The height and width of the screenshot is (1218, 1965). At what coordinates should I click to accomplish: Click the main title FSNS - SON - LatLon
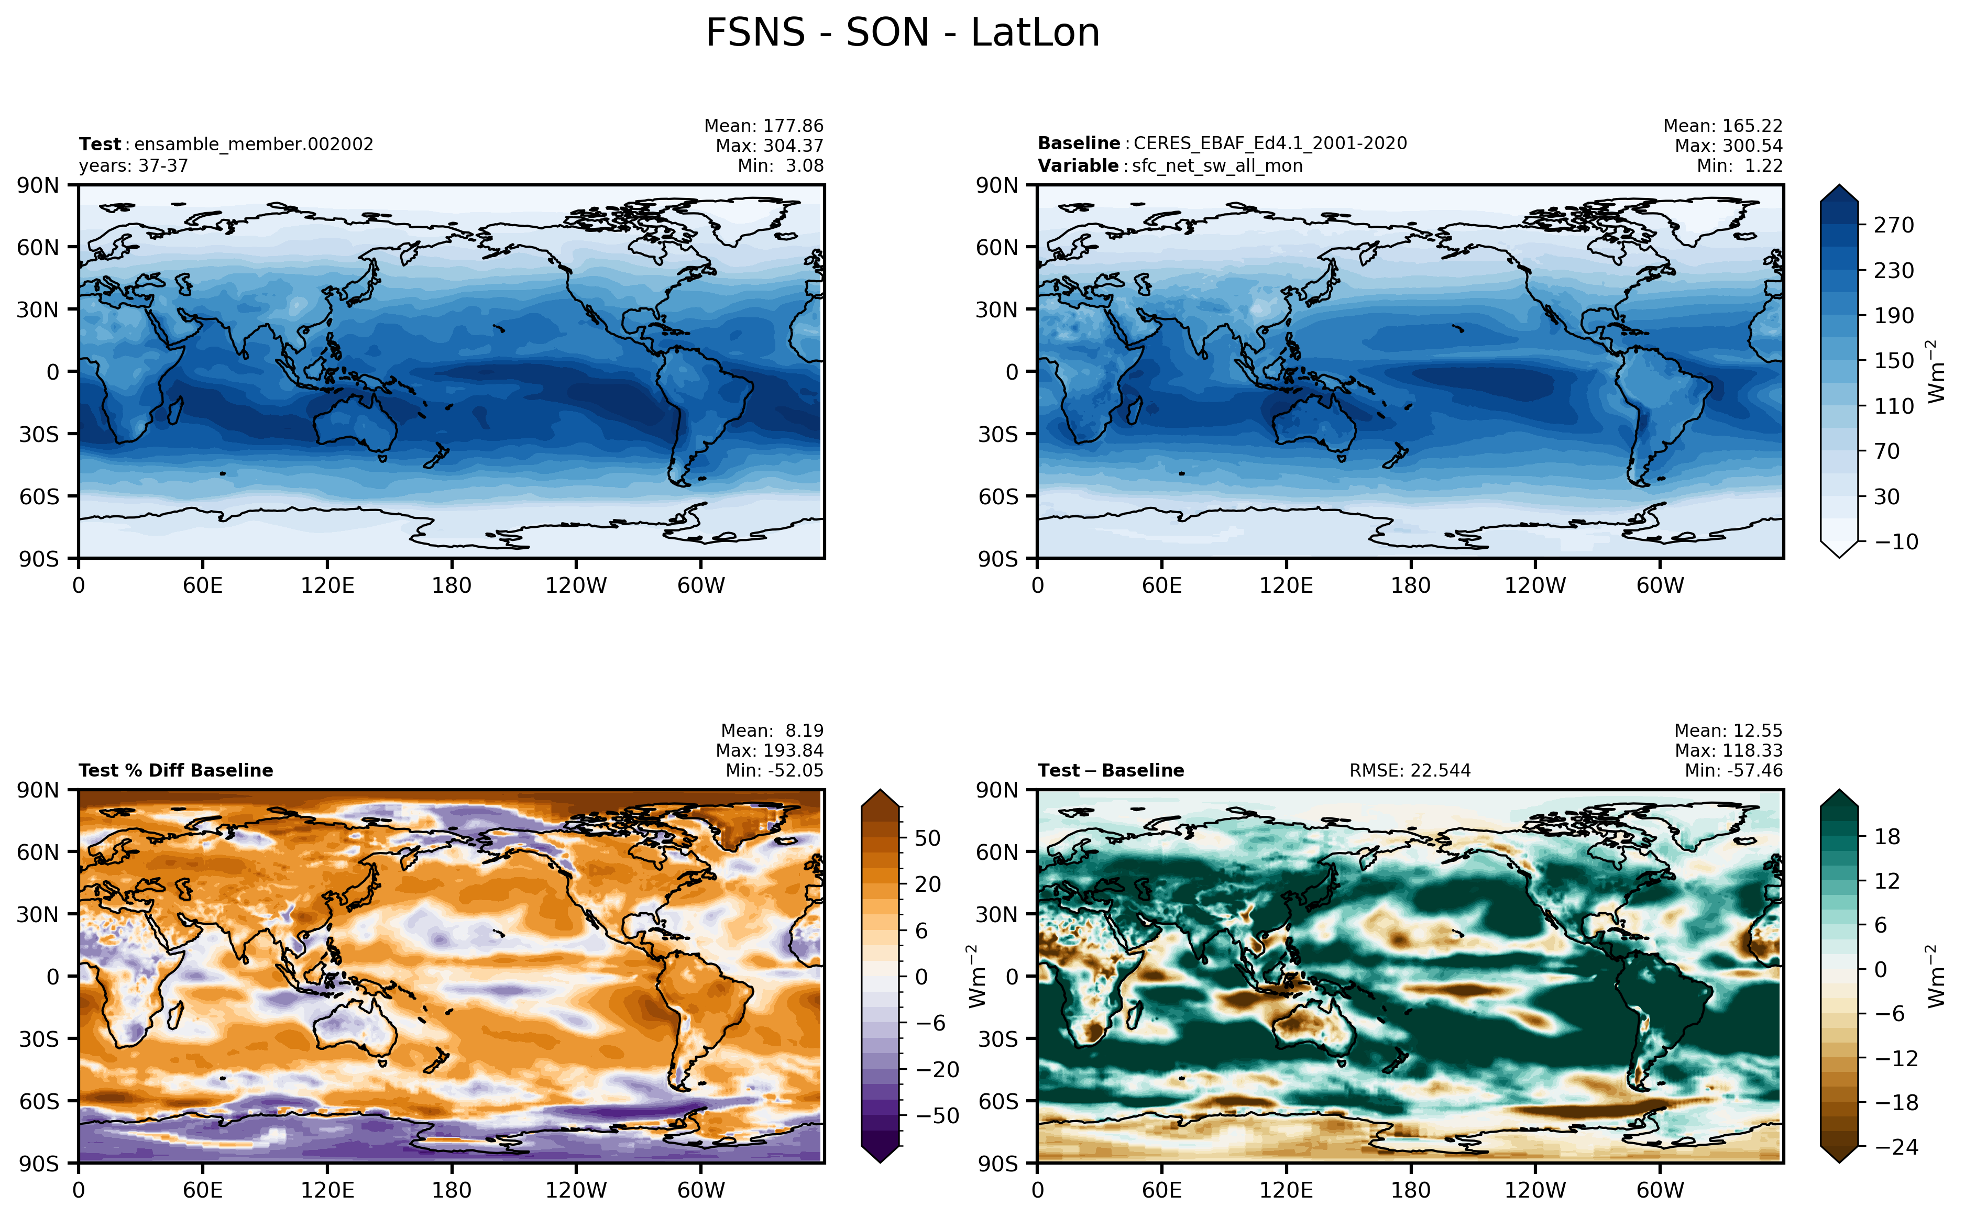coord(902,33)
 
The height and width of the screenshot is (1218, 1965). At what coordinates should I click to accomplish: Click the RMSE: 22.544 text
coord(1410,771)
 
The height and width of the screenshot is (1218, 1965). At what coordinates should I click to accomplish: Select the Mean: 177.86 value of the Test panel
coord(764,126)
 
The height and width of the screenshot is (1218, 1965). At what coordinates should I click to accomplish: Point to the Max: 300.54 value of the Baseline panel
coord(1728,146)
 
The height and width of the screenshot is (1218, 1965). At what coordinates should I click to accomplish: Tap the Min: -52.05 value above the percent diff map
coord(774,771)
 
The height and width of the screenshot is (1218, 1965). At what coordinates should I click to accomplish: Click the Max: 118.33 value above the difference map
coord(1728,751)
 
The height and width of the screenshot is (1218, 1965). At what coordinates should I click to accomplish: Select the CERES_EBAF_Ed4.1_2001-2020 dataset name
coord(1270,143)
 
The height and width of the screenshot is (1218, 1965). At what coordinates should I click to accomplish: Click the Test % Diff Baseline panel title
coord(175,771)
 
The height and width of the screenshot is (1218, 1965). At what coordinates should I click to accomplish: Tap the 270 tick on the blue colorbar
coord(1893,225)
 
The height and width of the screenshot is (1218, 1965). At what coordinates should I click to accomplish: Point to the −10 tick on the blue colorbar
coord(1896,541)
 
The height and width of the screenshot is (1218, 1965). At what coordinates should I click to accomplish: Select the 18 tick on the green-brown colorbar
coord(1887,836)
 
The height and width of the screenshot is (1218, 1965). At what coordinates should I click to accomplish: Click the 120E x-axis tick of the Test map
coord(327,585)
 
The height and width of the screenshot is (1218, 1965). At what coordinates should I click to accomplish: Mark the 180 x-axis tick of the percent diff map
coord(451,1191)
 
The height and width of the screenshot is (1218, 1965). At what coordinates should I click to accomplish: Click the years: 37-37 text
coord(134,166)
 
